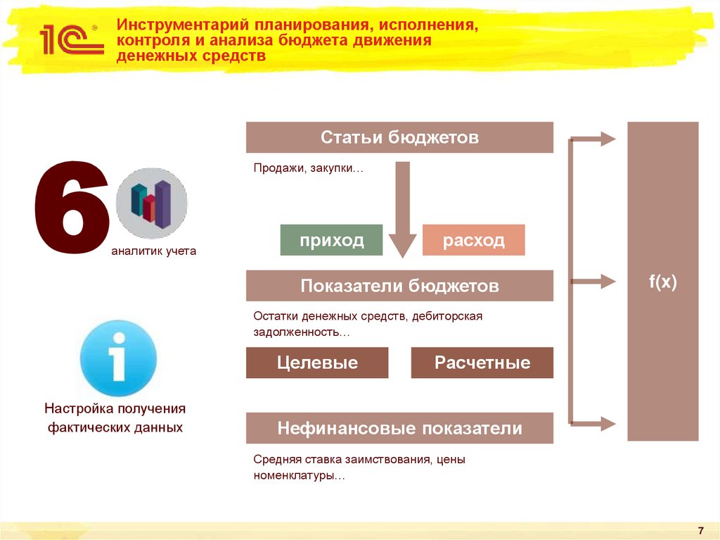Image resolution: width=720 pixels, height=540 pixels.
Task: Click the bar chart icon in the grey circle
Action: click(151, 203)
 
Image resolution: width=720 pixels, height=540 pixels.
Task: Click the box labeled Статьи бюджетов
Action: click(399, 137)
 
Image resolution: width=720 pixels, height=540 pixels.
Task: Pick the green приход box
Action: click(331, 240)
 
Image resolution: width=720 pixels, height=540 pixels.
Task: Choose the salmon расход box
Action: click(473, 240)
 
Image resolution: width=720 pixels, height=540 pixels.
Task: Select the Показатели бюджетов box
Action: click(399, 286)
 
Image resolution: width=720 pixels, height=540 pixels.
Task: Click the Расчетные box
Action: click(482, 363)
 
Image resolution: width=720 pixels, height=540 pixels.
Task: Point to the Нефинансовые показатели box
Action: click(399, 428)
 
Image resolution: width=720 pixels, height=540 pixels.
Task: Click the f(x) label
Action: click(662, 282)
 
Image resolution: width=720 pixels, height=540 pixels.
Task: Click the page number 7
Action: click(700, 529)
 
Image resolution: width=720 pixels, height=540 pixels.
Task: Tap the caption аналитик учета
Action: click(153, 251)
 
